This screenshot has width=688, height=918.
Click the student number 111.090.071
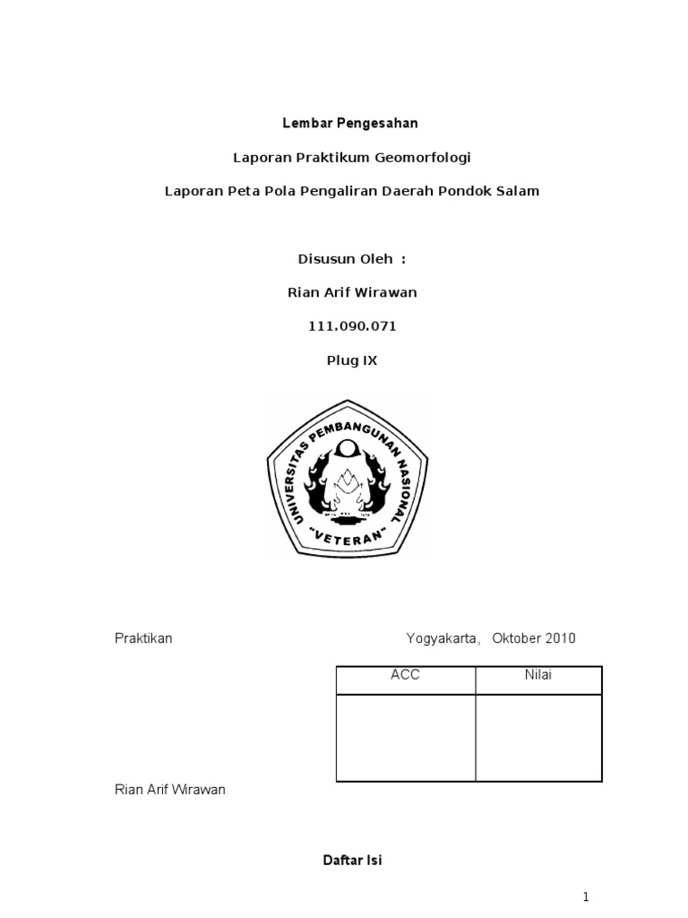352,326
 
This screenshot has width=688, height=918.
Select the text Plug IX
352,360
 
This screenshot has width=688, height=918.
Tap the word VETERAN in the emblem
350,535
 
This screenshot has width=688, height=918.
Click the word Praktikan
143,638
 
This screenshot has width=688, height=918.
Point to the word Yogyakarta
443,638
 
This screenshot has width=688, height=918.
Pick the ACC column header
405,675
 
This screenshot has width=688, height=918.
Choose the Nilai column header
538,675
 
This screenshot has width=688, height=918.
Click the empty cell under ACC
405,737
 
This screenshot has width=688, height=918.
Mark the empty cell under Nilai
538,737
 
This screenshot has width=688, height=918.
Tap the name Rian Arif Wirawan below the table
170,790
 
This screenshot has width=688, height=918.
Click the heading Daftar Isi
352,860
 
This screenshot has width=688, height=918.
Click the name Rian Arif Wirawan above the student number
352,292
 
